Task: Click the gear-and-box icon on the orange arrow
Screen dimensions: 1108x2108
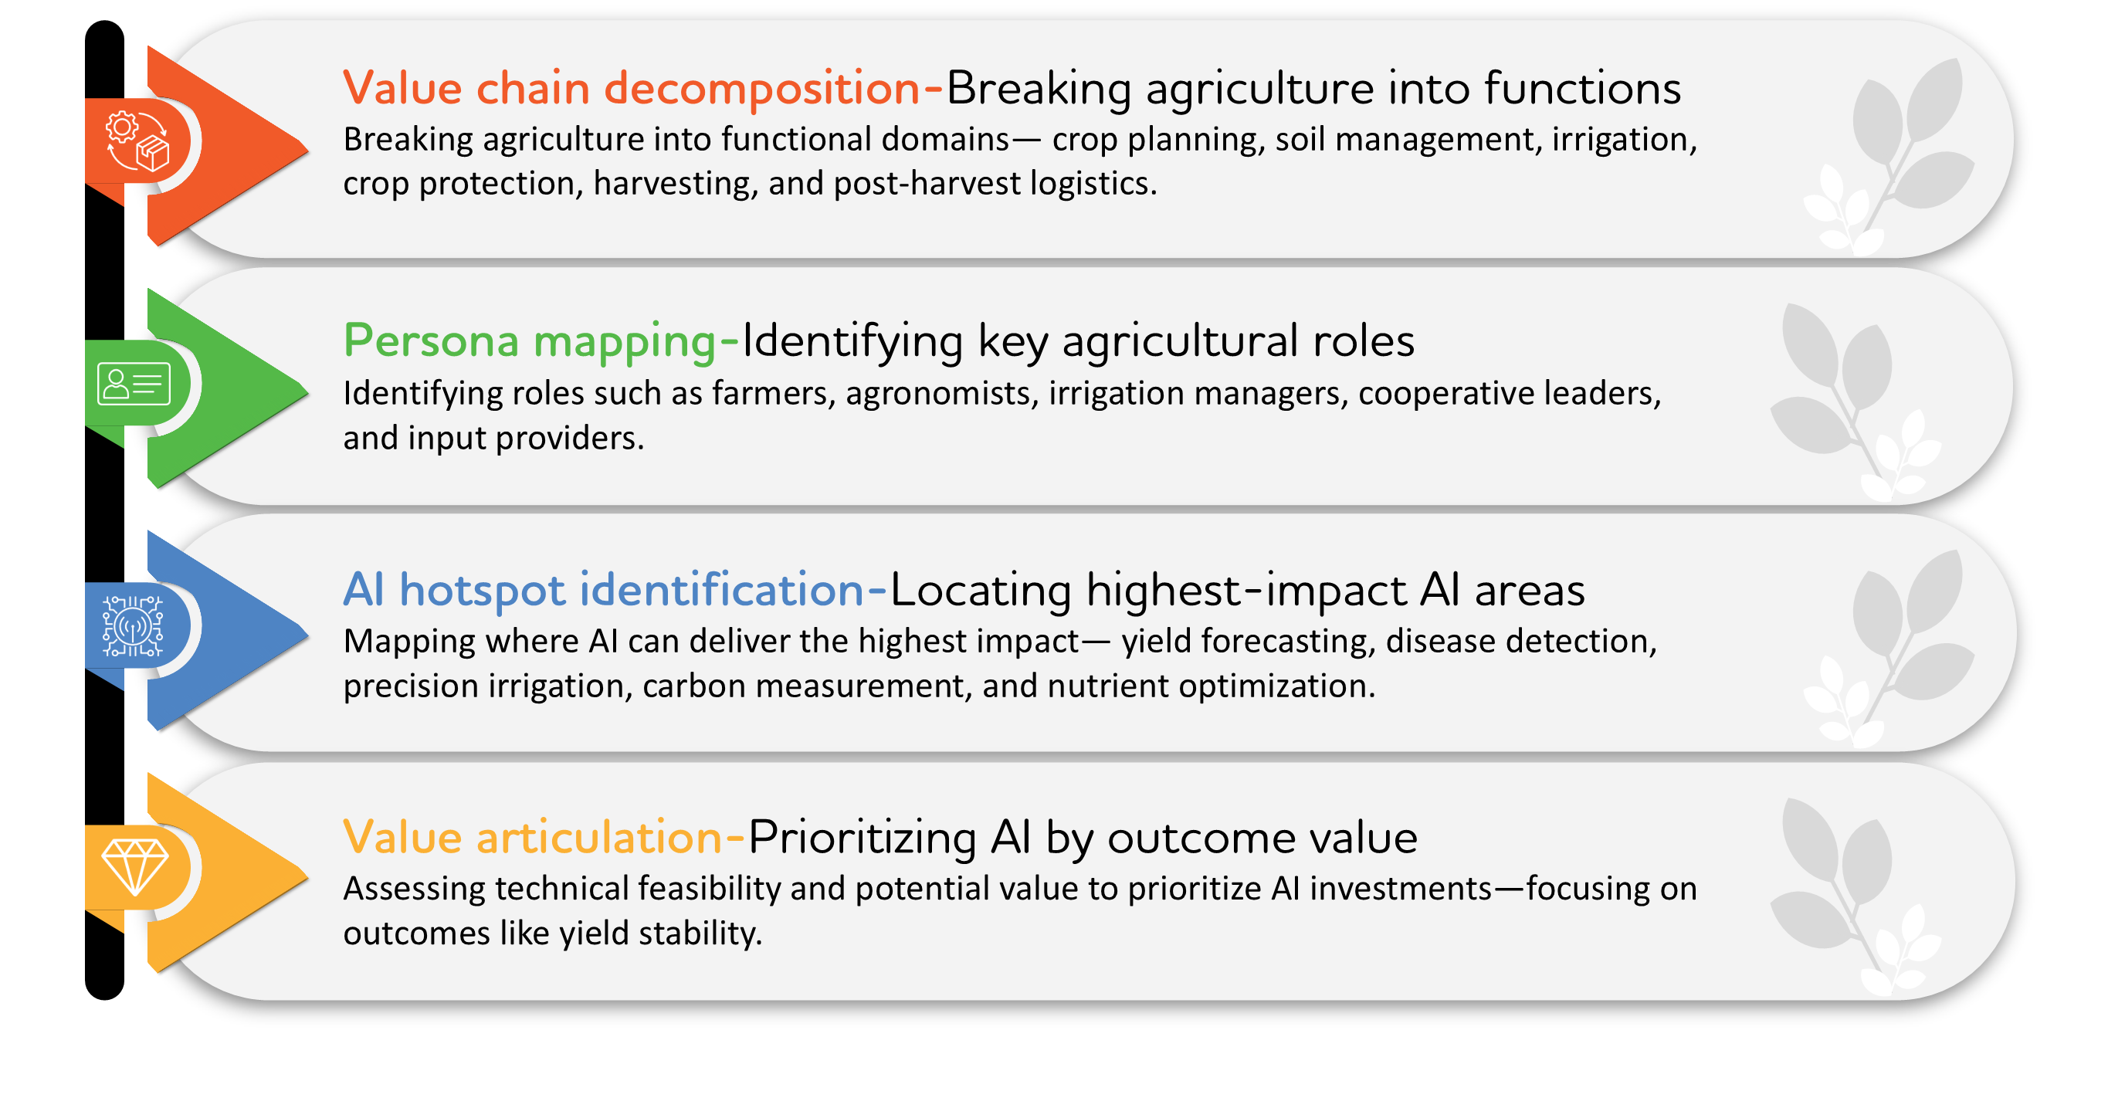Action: (137, 141)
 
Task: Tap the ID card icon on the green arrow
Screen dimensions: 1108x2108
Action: (134, 384)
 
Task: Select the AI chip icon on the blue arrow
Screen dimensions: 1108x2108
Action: (133, 627)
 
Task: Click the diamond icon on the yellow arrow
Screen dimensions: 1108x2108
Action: (135, 866)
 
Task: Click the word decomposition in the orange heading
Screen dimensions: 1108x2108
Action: (761, 87)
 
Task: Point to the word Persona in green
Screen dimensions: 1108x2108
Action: (430, 341)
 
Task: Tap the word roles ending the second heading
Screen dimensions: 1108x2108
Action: (1364, 341)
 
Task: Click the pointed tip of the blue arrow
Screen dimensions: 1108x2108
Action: (306, 633)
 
